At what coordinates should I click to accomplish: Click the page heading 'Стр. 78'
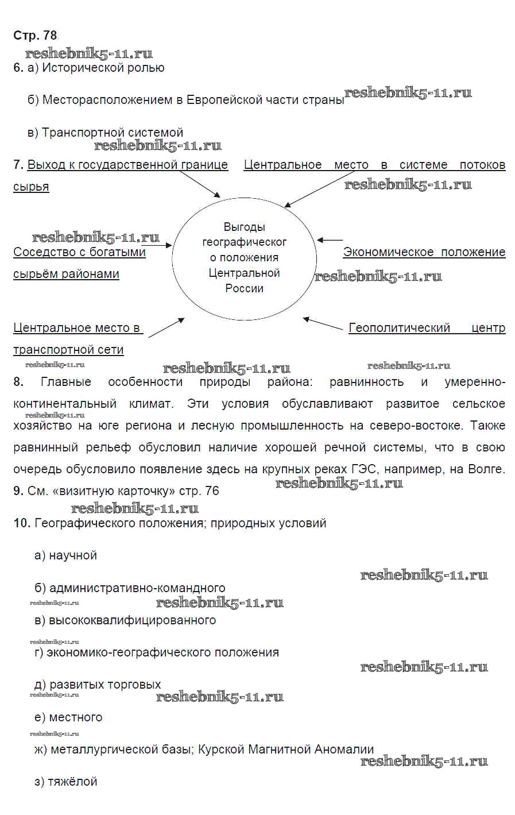(35, 36)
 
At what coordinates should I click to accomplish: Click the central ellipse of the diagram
(244, 258)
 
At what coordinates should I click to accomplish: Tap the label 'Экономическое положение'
(424, 252)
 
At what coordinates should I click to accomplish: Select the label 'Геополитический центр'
(427, 328)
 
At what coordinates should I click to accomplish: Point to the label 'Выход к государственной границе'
(127, 165)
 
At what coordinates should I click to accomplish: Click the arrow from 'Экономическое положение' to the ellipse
(330, 240)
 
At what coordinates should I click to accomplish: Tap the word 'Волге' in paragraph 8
(486, 469)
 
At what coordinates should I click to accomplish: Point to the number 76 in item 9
(212, 491)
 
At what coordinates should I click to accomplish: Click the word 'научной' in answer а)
(73, 555)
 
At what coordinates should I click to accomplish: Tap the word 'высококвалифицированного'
(132, 620)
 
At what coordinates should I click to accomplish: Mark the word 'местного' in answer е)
(76, 717)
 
